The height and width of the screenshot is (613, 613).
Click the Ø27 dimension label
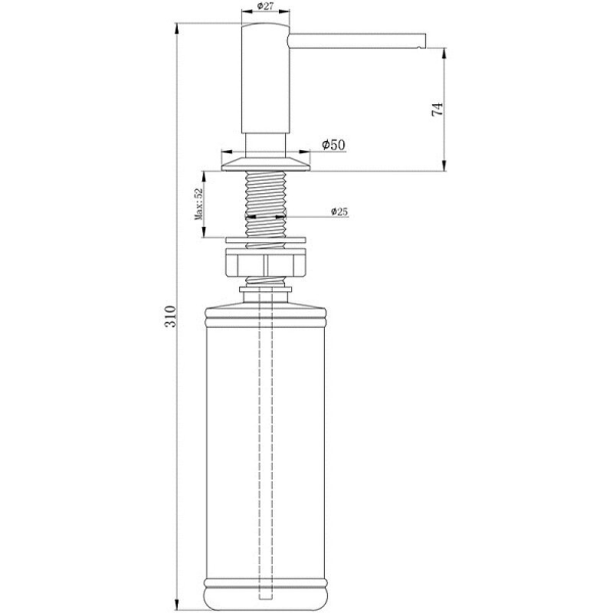265,6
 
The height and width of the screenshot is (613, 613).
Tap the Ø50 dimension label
333,145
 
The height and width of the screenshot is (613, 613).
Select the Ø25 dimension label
339,212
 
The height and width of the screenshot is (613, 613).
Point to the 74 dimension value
438,109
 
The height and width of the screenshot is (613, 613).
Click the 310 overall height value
170,316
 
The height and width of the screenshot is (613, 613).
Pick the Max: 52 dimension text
198,204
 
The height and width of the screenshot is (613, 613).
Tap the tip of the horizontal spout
424,41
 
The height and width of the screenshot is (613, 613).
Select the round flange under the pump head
265,164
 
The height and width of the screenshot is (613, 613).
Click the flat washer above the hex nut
265,239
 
